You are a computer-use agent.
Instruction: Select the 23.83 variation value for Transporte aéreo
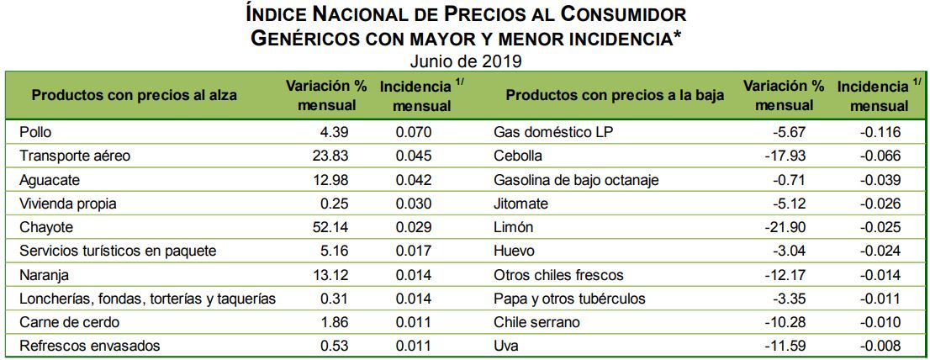click(x=330, y=156)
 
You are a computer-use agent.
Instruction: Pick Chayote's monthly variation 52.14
click(x=330, y=227)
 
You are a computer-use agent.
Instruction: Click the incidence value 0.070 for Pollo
click(x=414, y=132)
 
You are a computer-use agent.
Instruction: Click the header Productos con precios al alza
click(x=134, y=95)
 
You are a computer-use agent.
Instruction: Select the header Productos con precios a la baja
click(x=615, y=95)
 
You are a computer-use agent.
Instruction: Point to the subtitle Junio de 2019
click(x=466, y=61)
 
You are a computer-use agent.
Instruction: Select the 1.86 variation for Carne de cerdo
click(x=334, y=322)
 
